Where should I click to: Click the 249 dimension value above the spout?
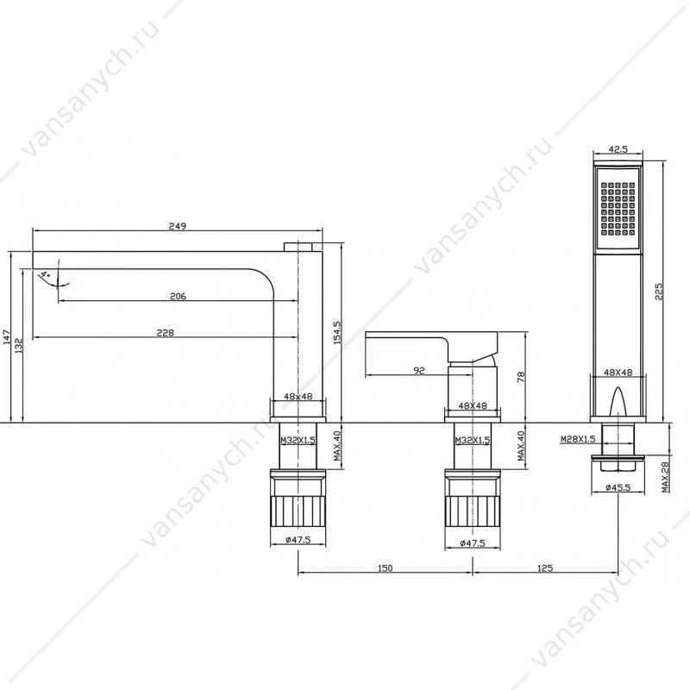point(178,226)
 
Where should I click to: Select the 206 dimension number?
point(178,296)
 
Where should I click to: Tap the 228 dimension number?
point(166,333)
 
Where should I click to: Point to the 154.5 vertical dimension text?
point(337,333)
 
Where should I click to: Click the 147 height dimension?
point(7,337)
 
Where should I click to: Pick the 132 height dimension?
point(19,346)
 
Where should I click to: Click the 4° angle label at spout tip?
point(46,275)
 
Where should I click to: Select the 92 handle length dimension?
point(419,371)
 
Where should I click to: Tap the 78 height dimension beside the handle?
point(522,377)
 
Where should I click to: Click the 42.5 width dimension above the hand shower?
point(618,149)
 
